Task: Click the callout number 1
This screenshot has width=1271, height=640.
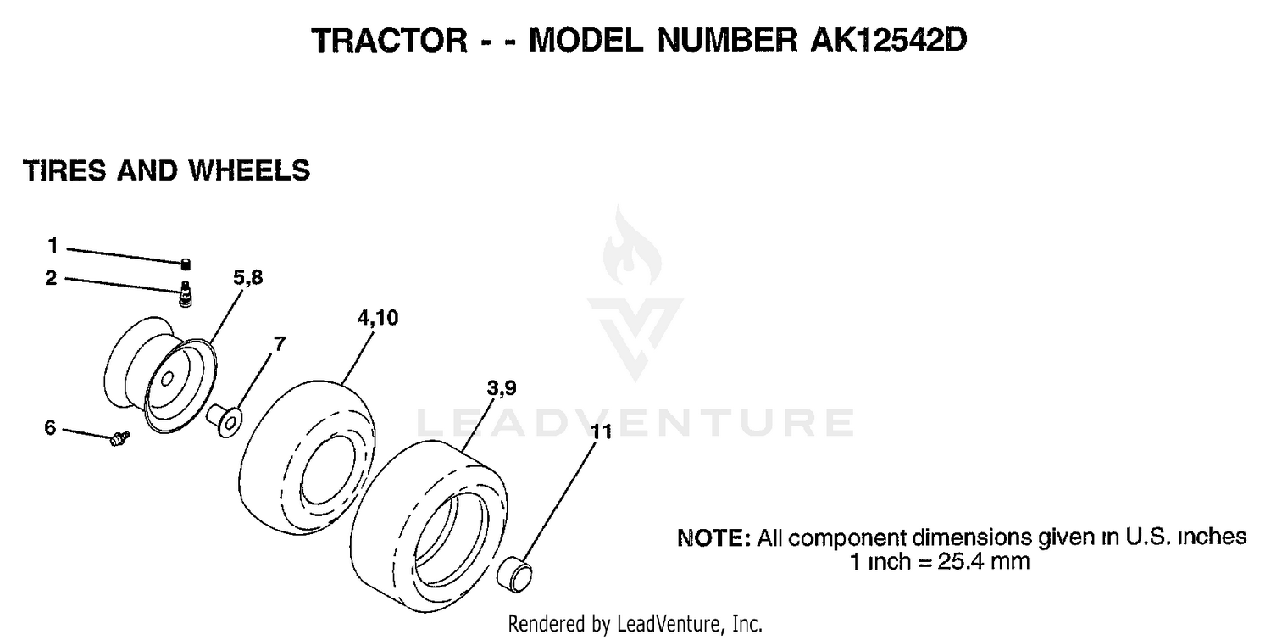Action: pos(53,246)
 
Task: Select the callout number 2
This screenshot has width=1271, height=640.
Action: pos(51,278)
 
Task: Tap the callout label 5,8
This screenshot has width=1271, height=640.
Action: pos(248,278)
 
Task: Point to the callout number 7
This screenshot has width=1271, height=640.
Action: pos(280,344)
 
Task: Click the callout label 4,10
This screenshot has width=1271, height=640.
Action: pos(378,318)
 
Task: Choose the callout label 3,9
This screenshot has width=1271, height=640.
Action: pos(502,388)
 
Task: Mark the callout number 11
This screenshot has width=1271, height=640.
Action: pos(602,432)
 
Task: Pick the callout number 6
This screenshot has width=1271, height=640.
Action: pos(51,427)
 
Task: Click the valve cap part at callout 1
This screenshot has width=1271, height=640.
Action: pos(186,264)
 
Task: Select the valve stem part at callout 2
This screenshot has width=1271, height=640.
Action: pos(186,293)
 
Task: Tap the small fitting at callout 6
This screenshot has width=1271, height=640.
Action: pos(119,438)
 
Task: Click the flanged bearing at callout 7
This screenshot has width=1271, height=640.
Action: pos(225,420)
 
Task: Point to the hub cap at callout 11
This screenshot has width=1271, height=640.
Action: pos(514,575)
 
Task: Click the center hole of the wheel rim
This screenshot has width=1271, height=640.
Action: pos(167,379)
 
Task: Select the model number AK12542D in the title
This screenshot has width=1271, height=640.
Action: pos(889,41)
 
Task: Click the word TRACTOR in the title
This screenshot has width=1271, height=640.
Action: pos(389,41)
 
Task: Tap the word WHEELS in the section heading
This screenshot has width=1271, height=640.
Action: pos(249,171)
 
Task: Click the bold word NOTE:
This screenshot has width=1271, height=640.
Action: pos(714,537)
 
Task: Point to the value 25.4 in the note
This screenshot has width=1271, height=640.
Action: pos(961,562)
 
